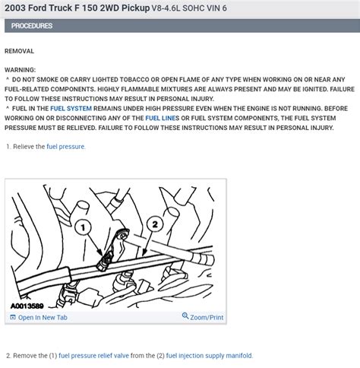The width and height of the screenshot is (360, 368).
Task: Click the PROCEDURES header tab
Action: [x=32, y=26]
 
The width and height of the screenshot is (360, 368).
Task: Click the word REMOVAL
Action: [x=20, y=51]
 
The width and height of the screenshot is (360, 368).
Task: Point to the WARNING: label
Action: [x=21, y=69]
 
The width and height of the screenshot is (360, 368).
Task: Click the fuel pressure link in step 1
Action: [x=66, y=147]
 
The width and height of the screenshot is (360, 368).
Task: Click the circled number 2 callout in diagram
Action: [x=155, y=224]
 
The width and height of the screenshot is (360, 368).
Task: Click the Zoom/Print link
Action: [x=207, y=317]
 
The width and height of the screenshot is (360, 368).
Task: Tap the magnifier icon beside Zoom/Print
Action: [x=185, y=317]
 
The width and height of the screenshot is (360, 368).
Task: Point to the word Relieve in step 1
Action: [x=30, y=147]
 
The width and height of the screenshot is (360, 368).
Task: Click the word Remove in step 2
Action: [x=30, y=356]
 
